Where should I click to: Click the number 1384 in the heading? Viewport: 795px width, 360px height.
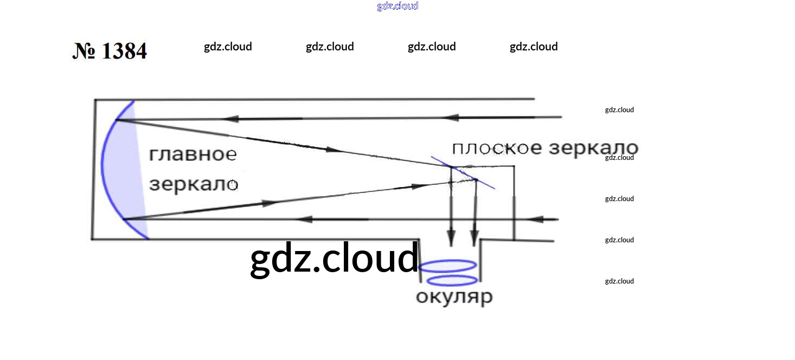click(x=124, y=51)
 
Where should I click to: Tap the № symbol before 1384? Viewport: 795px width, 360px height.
click(x=84, y=51)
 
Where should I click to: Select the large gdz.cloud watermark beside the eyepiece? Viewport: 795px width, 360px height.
click(x=334, y=259)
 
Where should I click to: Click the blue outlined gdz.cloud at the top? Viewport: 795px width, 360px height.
click(x=397, y=6)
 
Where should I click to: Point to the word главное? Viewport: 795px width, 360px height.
click(x=193, y=155)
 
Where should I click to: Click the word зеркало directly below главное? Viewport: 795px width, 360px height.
click(x=194, y=184)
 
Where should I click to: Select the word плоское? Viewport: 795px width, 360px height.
click(x=497, y=149)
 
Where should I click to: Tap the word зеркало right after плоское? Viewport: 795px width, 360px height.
click(x=594, y=148)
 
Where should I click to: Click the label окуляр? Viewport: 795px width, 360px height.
click(x=454, y=297)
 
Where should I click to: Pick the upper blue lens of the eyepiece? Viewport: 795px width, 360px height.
click(x=448, y=266)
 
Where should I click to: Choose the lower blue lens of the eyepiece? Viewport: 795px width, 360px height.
click(x=452, y=280)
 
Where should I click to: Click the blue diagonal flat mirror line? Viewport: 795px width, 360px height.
click(x=463, y=173)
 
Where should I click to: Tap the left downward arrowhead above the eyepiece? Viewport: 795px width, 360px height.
click(x=451, y=237)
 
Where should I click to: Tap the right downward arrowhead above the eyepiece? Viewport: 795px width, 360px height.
click(x=475, y=237)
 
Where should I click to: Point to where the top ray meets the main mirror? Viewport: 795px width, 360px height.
click(x=117, y=120)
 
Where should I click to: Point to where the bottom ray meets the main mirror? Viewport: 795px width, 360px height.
click(x=124, y=219)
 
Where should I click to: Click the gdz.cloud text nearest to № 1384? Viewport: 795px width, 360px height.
click(x=228, y=47)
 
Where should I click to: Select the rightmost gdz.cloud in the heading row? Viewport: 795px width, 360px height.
click(x=534, y=47)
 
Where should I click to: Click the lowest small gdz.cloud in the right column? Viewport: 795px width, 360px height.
click(x=619, y=281)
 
